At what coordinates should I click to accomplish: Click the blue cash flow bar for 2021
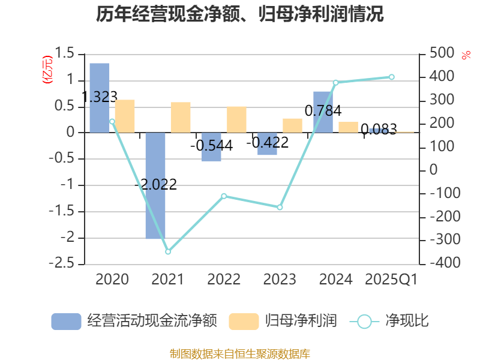click(x=155, y=186)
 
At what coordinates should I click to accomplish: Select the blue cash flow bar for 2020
click(x=100, y=97)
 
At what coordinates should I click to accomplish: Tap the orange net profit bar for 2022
click(x=236, y=119)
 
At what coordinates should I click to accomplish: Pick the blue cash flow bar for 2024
click(x=323, y=112)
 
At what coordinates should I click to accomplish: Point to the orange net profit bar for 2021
click(x=181, y=117)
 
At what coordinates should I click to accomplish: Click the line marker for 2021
click(x=168, y=252)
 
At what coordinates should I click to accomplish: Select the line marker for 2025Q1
click(x=392, y=77)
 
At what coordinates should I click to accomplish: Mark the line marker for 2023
click(x=280, y=207)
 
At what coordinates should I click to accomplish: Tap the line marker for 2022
click(x=224, y=196)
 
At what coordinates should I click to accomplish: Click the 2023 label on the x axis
click(x=280, y=279)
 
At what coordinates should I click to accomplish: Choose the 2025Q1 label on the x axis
click(x=391, y=279)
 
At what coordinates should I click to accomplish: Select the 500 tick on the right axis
click(x=434, y=54)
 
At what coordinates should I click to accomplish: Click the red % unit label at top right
click(x=466, y=55)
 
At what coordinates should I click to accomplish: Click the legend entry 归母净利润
click(x=283, y=321)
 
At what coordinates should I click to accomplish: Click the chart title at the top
click(x=240, y=14)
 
